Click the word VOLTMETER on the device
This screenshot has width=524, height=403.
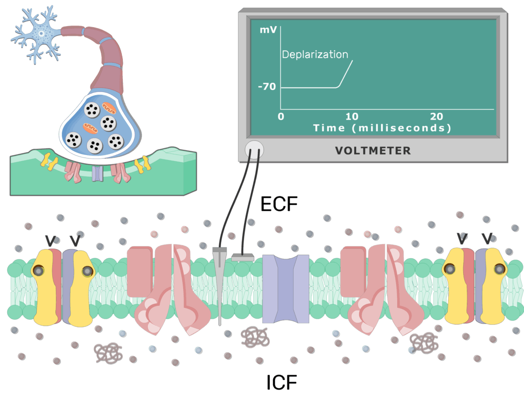(x=373, y=150)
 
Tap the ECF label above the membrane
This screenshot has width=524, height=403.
(x=279, y=204)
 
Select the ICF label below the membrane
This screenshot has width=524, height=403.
(x=281, y=382)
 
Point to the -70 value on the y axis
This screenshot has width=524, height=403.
(x=267, y=87)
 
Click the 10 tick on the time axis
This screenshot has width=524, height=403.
(x=352, y=117)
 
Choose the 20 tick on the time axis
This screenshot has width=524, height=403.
(x=436, y=117)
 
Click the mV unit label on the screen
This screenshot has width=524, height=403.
(x=268, y=30)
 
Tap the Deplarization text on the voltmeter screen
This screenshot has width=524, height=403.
(x=315, y=55)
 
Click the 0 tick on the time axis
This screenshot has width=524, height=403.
(x=280, y=117)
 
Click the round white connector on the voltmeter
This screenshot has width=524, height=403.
(x=254, y=149)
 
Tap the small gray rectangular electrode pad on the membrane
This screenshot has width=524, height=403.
(x=243, y=258)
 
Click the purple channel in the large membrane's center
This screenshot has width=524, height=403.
(x=286, y=289)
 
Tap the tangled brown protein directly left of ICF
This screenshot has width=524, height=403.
(x=255, y=336)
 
